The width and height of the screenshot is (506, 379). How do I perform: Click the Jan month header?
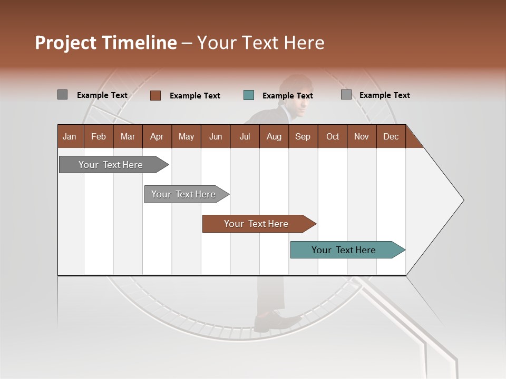point(70,136)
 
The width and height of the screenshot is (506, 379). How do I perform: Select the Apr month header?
point(157,136)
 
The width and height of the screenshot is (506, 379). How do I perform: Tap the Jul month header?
point(245,136)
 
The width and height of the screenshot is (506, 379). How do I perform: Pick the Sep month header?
point(303,136)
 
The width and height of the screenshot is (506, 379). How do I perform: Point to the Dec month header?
point(391,136)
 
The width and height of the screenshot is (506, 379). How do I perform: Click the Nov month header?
point(361,136)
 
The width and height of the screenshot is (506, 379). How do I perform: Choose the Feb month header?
point(99,136)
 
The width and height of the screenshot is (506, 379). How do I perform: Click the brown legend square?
point(155,95)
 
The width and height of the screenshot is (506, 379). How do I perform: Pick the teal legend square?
point(249,95)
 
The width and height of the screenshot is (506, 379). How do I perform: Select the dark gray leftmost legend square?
point(62,95)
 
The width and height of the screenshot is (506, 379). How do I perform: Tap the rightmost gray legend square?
point(346,95)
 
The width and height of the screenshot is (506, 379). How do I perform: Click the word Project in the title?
point(65,43)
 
